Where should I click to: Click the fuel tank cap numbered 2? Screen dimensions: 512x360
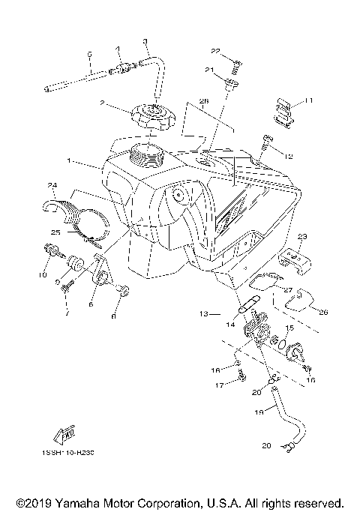click(152, 117)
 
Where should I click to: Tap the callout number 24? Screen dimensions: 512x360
click(52, 185)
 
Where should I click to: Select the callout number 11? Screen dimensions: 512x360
click(308, 100)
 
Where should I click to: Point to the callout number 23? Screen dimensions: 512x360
click(303, 236)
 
